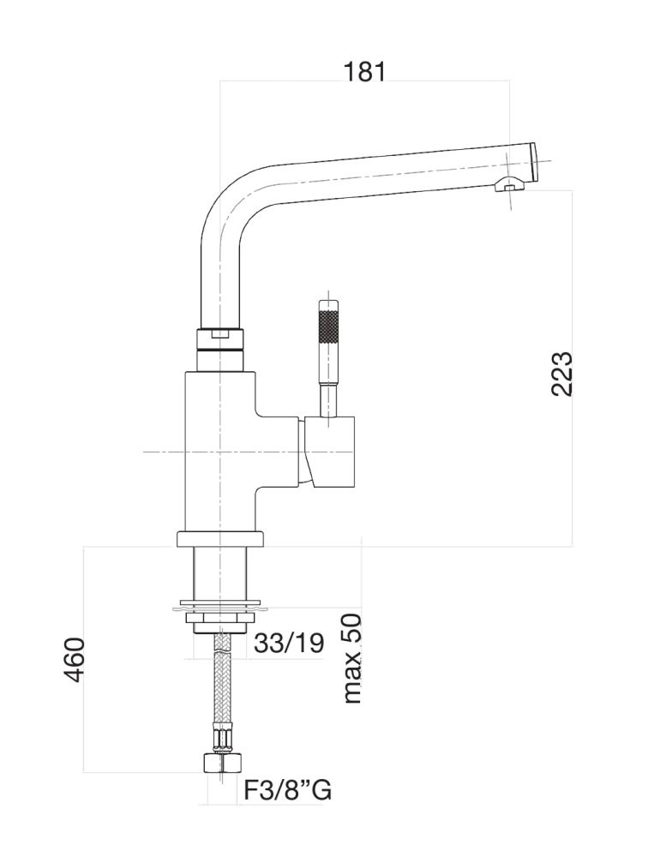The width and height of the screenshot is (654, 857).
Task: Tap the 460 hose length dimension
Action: coord(76,659)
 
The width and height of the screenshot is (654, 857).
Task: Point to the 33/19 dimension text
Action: coord(289,642)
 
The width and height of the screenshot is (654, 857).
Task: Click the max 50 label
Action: coord(351,658)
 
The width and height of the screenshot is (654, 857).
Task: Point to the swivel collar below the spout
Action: coord(220,339)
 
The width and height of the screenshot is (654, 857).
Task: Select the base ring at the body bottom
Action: coord(220,539)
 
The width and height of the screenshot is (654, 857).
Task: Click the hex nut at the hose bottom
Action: coord(220,764)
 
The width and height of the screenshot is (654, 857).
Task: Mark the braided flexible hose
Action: coord(221,686)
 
